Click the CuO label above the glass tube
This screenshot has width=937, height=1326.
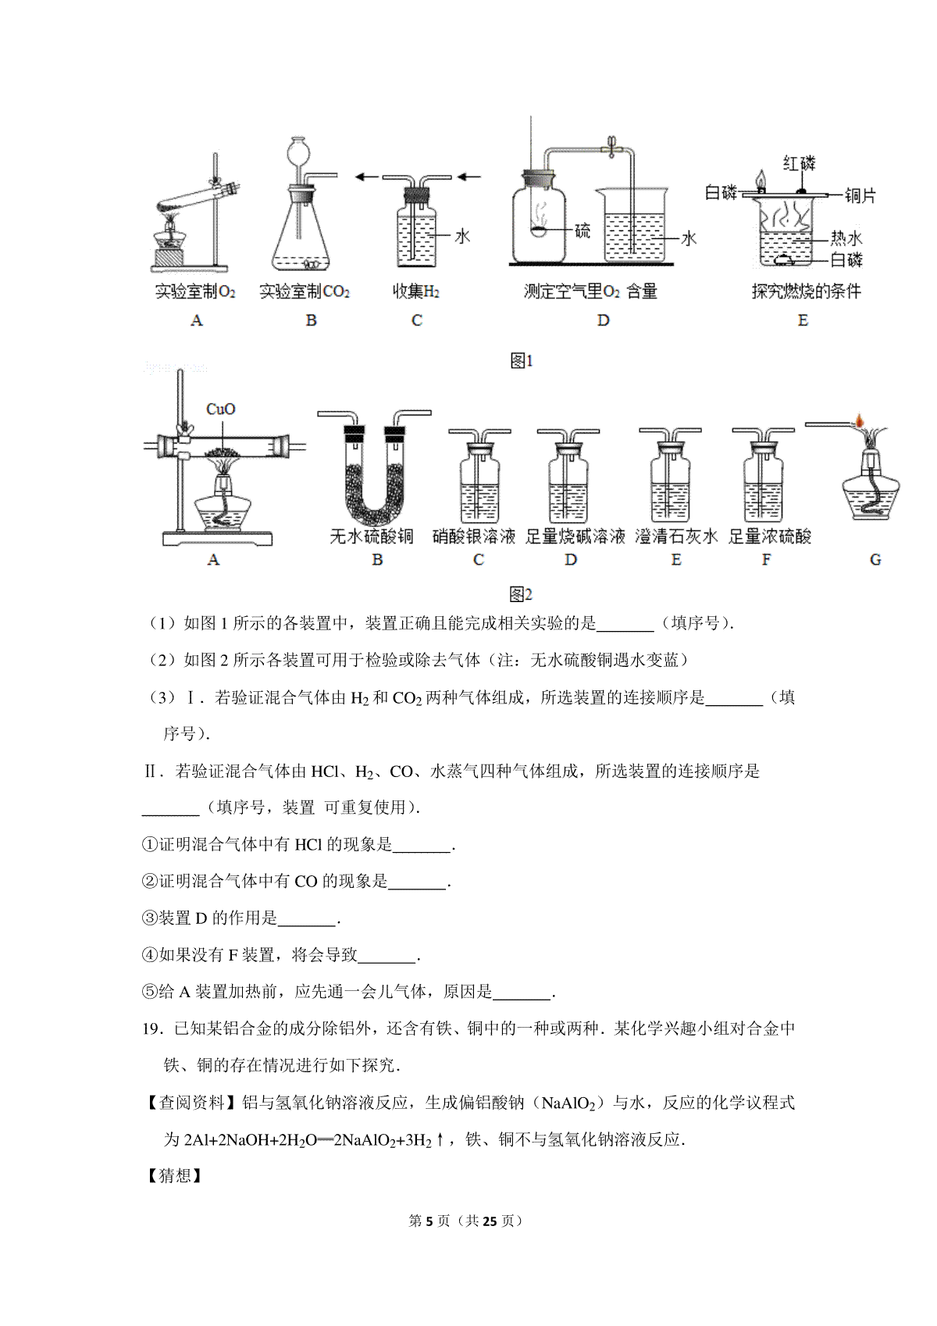220,409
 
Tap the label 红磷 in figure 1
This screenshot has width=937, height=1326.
799,162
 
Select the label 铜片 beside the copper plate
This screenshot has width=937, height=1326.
860,195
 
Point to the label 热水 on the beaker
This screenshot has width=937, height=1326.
846,238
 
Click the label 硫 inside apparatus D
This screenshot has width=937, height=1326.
583,230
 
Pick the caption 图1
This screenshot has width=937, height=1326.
522,361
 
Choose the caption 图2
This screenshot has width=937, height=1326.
521,593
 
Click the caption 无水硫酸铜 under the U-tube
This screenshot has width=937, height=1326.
371,536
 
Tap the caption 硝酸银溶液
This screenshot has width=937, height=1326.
473,536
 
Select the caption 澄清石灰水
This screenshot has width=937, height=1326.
676,536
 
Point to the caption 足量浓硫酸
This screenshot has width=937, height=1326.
769,536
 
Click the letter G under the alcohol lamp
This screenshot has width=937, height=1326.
875,559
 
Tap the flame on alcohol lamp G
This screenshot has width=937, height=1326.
859,420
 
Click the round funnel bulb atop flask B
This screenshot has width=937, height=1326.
300,151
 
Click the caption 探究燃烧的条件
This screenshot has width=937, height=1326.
806,291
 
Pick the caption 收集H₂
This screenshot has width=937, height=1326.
416,291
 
